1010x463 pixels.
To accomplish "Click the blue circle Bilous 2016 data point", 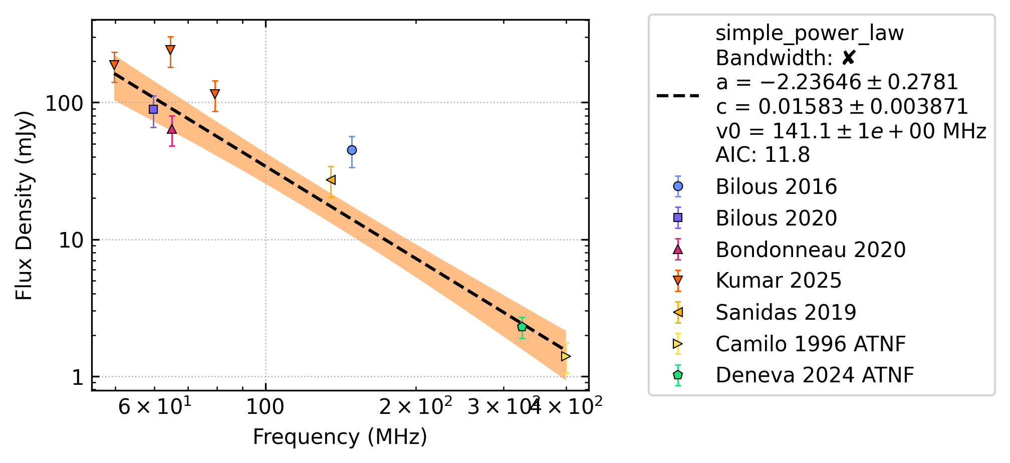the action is pos(352,150).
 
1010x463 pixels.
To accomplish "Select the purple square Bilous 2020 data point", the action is pos(153,109).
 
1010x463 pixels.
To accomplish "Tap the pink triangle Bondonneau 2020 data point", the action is pos(172,129).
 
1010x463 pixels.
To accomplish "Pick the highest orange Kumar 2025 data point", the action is pos(170,50).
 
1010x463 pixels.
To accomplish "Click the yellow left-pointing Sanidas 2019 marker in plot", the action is pos(331,180).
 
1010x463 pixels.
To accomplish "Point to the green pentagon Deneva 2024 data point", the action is pos(522,327).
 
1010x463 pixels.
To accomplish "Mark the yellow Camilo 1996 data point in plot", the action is pos(566,356).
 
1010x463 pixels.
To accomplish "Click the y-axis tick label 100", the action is pos(64,103).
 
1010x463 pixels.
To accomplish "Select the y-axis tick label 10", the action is pos(71,240).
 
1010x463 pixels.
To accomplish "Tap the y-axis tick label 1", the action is pos(78,377).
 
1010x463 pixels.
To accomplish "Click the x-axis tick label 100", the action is pos(265,406).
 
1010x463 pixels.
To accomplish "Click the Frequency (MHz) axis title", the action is pos(340,437).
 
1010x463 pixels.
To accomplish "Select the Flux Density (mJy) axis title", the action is pos(24,205).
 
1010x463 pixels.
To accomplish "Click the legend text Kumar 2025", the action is pos(779,281).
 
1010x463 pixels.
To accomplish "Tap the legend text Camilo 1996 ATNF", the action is pos(811,344).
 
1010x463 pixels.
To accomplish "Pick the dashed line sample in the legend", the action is pos(678,95).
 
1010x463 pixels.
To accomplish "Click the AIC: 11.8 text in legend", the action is pos(763,155).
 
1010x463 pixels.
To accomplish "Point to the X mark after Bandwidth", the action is pos(848,58).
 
